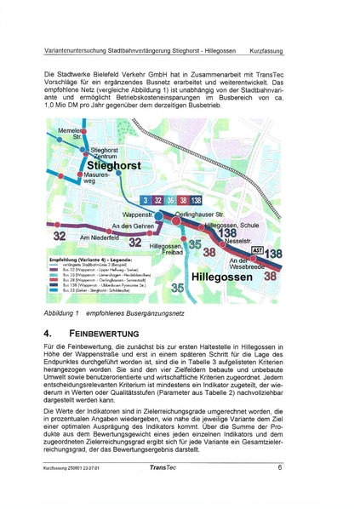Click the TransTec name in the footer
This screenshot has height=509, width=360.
tap(163, 467)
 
